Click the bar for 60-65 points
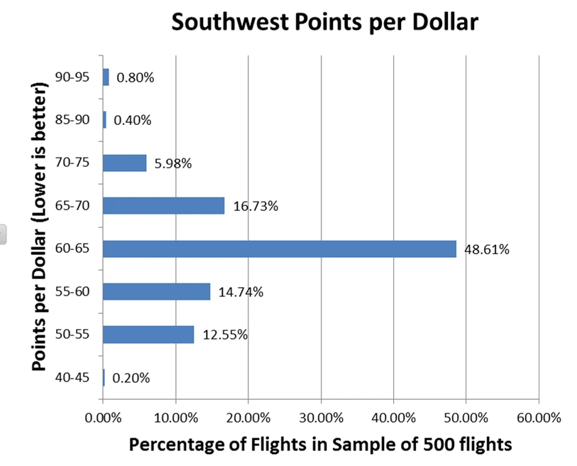click(280, 249)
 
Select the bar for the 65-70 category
click(163, 206)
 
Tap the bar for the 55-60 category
click(156, 292)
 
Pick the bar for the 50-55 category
click(148, 335)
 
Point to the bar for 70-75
click(124, 163)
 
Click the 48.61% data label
click(487, 249)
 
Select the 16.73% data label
click(255, 207)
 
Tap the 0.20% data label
click(131, 378)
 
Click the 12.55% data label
click(225, 335)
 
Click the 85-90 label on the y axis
click(72, 120)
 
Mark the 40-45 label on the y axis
click(72, 378)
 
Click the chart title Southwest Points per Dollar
click(325, 23)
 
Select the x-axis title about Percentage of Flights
click(320, 445)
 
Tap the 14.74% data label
click(241, 292)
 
